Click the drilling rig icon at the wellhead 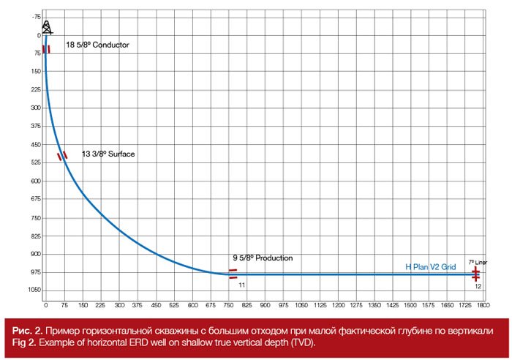pyautogui.click(x=47, y=26)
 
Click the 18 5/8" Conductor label pyautogui.click(x=97, y=45)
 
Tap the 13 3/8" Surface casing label pyautogui.click(x=108, y=154)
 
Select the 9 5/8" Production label pyautogui.click(x=263, y=258)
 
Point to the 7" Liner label pyautogui.click(x=477, y=261)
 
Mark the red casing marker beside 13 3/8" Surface pyautogui.click(x=62, y=156)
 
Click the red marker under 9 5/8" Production pyautogui.click(x=233, y=274)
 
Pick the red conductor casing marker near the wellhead pyautogui.click(x=45, y=49)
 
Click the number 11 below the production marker pyautogui.click(x=241, y=285)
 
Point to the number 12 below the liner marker pyautogui.click(x=476, y=285)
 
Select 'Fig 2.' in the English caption pyautogui.click(x=24, y=344)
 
